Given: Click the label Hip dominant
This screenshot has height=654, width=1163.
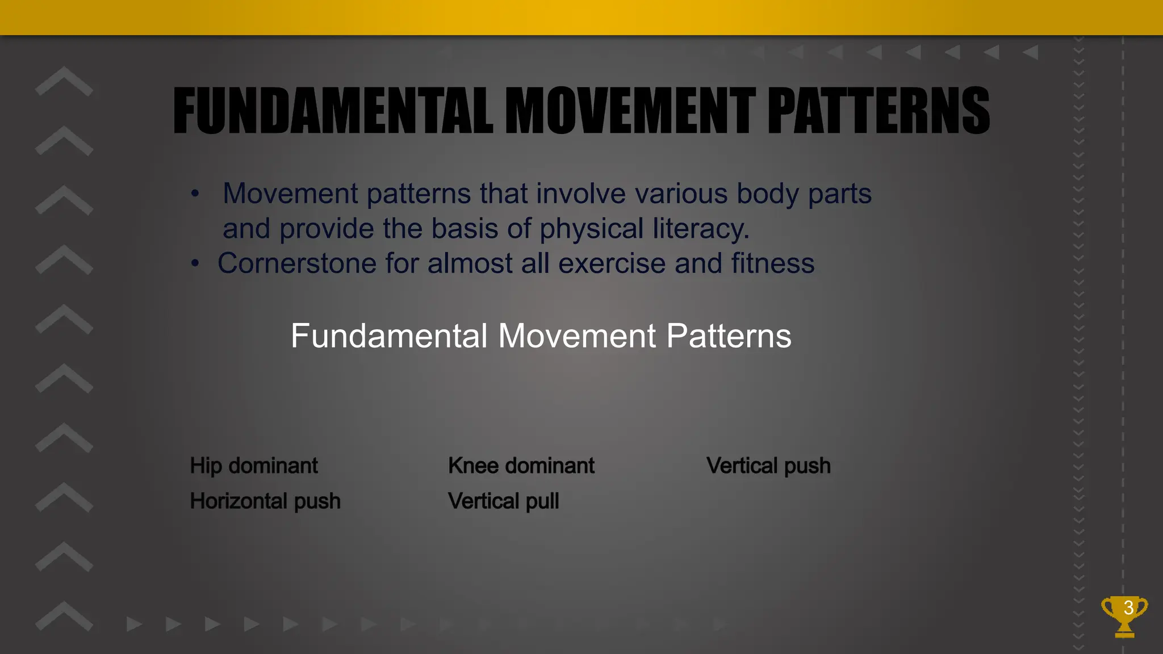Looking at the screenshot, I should tap(254, 466).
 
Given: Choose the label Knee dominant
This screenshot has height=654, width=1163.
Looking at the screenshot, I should tap(521, 466).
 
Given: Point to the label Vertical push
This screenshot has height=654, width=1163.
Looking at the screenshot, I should tap(768, 466).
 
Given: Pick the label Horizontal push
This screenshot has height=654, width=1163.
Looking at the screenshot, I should tap(265, 501).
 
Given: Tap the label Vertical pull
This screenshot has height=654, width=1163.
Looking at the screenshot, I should tap(503, 501).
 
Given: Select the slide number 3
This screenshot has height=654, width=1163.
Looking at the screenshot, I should tap(1129, 607).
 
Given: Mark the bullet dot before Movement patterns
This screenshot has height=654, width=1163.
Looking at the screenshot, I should tap(195, 194).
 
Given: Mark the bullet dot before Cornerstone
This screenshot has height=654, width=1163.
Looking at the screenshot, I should tap(195, 263).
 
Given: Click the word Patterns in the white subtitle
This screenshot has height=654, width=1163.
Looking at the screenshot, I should tap(729, 336).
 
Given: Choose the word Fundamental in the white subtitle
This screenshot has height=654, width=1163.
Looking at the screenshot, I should tap(390, 336).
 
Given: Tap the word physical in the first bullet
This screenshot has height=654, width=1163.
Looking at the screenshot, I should tap(591, 229).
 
